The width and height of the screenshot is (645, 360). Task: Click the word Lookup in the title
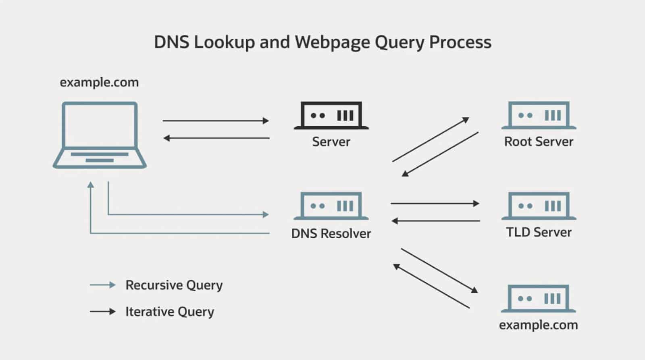pos(224,42)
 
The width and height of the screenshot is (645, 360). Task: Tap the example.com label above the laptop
pos(99,82)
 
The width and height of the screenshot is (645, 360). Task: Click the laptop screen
pos(100,125)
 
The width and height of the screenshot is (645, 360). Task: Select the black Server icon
pos(331,116)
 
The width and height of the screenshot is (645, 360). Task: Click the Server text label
pos(331,142)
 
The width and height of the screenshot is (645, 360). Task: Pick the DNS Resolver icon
pos(331,206)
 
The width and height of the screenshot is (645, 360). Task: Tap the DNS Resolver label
pos(331,233)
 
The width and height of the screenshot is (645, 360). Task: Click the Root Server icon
pos(539,116)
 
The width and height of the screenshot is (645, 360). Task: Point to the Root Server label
pos(539,142)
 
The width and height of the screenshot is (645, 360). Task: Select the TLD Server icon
pos(539,206)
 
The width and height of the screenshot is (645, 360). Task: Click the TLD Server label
pos(539,232)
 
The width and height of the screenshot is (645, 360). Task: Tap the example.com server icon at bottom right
pos(539,299)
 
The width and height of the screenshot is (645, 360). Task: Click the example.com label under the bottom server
pos(539,325)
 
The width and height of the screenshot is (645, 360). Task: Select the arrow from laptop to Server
pos(216,121)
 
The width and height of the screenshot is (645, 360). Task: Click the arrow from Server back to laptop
pos(216,138)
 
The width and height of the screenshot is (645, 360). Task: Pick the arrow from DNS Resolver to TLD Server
pos(435,204)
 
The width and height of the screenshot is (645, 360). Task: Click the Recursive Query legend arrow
pos(103,285)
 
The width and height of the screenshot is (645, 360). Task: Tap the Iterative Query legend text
pos(170,312)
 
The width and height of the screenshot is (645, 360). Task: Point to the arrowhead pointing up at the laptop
pos(91,185)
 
